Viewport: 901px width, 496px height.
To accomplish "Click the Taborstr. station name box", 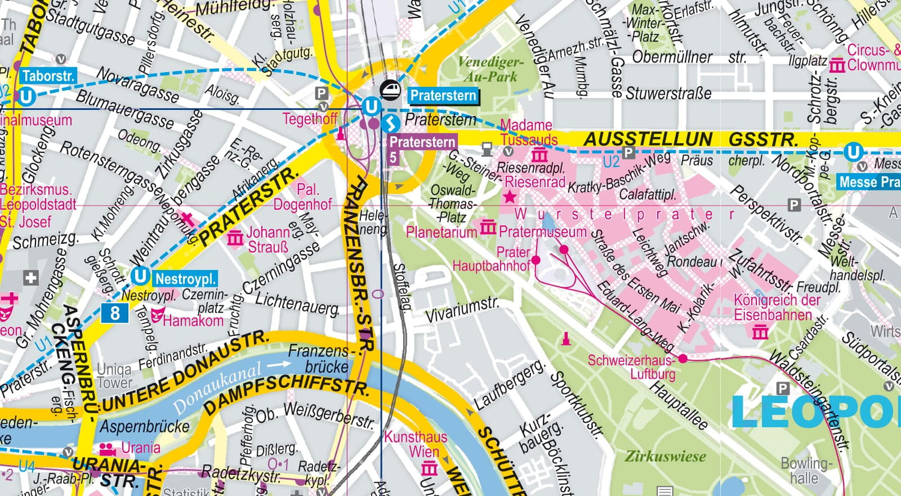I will [x=48, y=76].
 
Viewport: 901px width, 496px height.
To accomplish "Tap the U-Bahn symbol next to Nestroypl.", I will [x=140, y=276].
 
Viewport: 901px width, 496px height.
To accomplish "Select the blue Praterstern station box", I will [x=443, y=95].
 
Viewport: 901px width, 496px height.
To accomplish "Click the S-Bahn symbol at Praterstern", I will [x=391, y=123].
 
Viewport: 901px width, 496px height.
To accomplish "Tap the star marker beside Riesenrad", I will [x=509, y=197].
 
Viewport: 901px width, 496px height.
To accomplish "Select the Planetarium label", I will [x=441, y=231].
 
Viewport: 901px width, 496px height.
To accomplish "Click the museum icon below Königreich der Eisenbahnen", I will [x=760, y=332].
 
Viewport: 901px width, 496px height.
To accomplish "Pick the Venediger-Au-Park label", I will [x=490, y=69].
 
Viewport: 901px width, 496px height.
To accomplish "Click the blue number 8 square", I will [x=114, y=313].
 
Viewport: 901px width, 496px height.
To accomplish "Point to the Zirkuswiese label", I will [x=665, y=456].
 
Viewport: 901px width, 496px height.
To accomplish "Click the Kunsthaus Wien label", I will [x=416, y=444].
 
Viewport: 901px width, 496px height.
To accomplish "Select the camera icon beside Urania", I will [x=108, y=449].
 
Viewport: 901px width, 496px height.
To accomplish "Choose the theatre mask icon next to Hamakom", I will [x=157, y=315].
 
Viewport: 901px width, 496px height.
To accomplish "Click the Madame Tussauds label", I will [x=526, y=132].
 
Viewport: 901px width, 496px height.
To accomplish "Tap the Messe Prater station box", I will [x=869, y=182].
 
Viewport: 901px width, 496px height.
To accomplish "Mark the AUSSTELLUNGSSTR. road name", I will [x=691, y=139].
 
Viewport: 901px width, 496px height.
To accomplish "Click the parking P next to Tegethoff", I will [x=321, y=93].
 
